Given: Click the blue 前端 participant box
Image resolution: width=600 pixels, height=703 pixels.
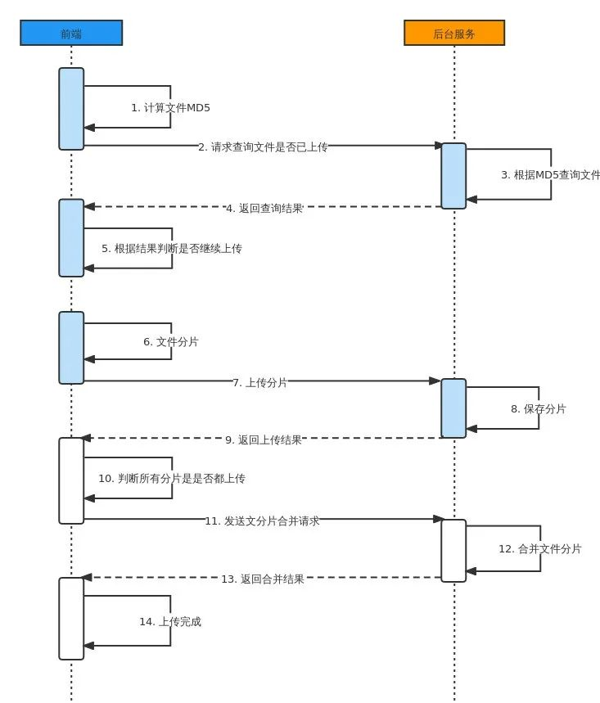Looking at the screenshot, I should tap(71, 33).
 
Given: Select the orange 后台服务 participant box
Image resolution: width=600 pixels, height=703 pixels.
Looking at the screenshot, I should tap(454, 33).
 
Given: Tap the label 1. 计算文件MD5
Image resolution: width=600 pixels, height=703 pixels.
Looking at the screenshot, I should tap(165, 107).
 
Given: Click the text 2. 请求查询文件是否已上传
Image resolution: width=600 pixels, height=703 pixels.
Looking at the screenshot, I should tap(263, 147).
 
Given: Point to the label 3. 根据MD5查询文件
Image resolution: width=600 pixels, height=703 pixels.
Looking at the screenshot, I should tap(550, 174).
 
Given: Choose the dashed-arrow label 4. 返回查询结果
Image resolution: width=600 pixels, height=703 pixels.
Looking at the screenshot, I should tap(264, 208).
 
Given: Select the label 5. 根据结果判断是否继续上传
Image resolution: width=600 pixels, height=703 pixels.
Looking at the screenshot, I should tap(172, 248).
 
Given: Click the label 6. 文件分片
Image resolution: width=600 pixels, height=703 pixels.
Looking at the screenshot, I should tap(171, 341).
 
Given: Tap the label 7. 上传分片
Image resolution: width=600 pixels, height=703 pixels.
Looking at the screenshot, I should tap(260, 382).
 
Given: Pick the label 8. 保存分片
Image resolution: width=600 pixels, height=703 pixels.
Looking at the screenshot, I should tap(539, 408).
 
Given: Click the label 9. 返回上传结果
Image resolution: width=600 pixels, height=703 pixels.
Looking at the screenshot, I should tap(264, 439).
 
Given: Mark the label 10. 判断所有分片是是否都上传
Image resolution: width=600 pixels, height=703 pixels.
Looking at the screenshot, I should tap(172, 478).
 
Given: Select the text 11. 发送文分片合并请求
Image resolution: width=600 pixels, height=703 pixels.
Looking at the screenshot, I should tap(262, 520).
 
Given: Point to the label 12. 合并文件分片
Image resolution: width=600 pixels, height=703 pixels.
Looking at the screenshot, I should tap(540, 548).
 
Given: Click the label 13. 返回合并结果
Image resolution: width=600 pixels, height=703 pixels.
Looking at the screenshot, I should tap(263, 579).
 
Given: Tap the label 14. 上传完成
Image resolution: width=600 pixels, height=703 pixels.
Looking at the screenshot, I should tap(170, 621).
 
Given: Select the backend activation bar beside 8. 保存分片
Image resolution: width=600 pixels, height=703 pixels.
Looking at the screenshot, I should tap(453, 408).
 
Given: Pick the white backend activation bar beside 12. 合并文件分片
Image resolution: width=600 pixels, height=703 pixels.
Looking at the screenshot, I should tap(453, 550).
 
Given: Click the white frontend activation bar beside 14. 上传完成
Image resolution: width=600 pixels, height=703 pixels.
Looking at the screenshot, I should tap(71, 618).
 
